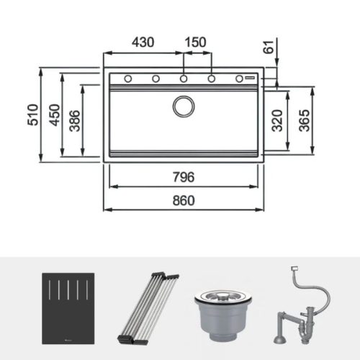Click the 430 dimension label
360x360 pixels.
[x=143, y=42]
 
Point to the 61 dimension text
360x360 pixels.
[x=269, y=48]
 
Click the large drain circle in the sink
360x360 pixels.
[x=184, y=106]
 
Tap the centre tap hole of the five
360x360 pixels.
[x=184, y=78]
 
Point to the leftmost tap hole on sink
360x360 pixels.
[x=127, y=78]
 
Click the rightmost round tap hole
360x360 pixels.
[x=240, y=78]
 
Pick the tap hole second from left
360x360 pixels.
[x=156, y=78]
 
